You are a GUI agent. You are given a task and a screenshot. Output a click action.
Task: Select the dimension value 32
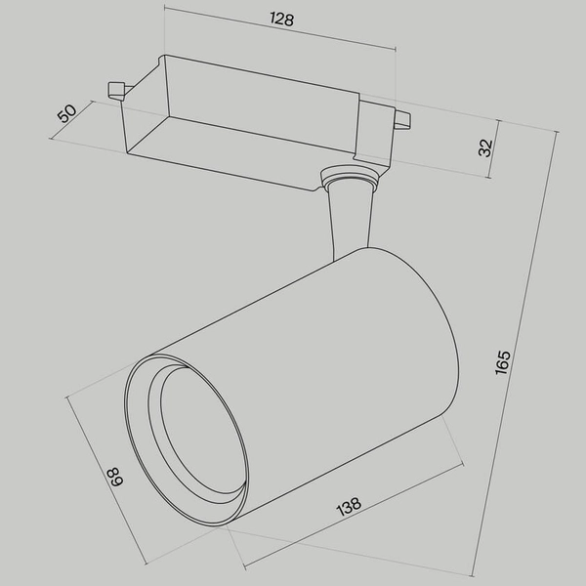point(485,147)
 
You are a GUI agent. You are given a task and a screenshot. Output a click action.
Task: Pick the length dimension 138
point(350,508)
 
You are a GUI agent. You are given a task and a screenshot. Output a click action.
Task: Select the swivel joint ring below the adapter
point(349,179)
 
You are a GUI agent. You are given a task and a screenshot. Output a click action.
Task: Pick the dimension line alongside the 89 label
point(105,479)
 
